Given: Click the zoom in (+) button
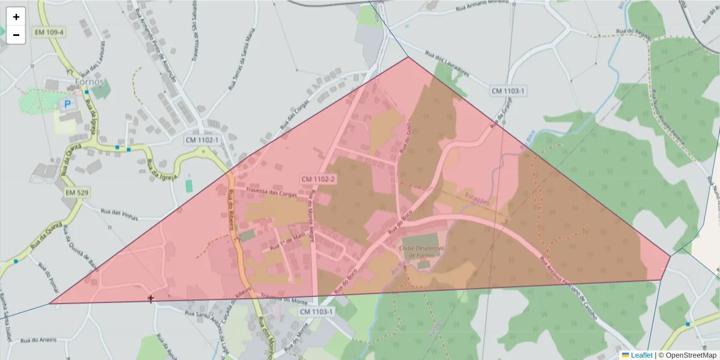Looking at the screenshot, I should [16, 17].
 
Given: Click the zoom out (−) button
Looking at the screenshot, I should [16, 35].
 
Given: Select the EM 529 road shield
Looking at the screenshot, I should [77, 193].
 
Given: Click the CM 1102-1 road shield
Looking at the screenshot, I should [202, 140].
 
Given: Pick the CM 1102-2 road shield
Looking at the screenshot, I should [318, 179].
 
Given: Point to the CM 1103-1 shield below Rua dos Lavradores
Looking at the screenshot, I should [508, 91].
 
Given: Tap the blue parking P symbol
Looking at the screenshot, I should [67, 104].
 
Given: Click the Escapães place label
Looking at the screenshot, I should [477, 198].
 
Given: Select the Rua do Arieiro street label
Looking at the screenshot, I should [38, 340].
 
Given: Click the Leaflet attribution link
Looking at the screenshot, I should [641, 355].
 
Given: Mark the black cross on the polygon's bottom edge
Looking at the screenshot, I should [151, 298].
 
